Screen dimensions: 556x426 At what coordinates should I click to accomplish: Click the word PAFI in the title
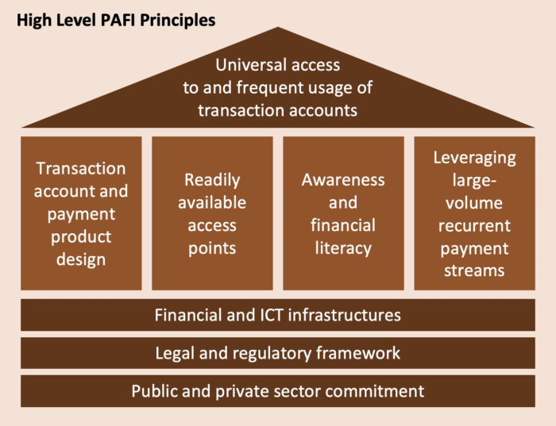[x=118, y=20]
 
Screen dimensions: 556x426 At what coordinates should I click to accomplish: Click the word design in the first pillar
[x=81, y=259]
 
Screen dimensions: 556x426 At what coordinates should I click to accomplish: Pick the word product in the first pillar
[x=81, y=237]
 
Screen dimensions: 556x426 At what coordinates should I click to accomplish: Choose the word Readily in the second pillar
[x=212, y=180]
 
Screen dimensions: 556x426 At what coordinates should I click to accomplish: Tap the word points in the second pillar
[x=212, y=248]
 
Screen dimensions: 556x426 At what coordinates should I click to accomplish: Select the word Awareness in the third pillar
[x=343, y=180]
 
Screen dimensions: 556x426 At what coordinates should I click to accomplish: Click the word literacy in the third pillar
[x=343, y=248]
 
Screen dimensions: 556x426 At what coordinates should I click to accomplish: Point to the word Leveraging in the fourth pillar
[x=474, y=158]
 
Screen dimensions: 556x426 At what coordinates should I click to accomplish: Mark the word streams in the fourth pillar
[x=474, y=271]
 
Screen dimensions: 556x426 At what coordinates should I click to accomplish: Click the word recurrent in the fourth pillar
[x=474, y=225]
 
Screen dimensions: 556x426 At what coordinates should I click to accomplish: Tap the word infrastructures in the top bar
[x=344, y=315]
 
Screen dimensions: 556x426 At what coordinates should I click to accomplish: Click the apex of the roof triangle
[x=278, y=27]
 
